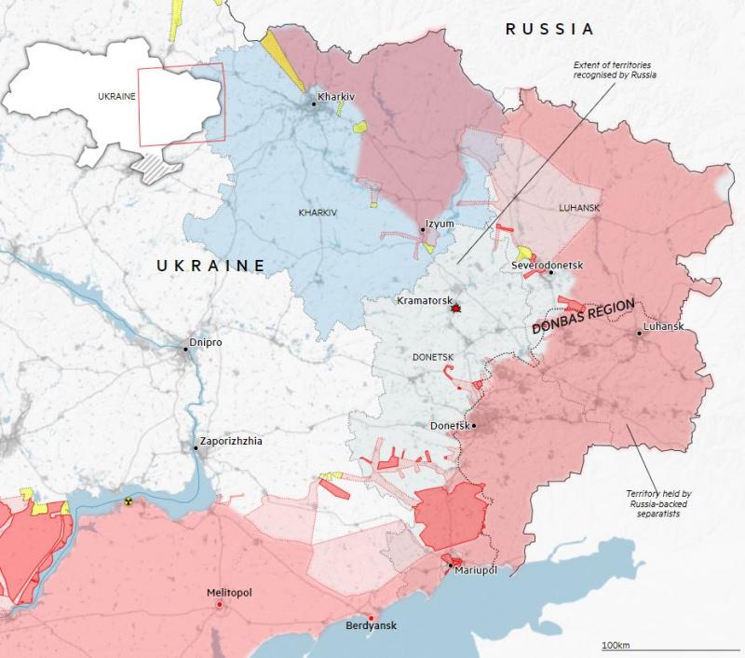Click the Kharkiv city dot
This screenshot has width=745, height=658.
pos(315,104)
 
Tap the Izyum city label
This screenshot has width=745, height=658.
pos(440,225)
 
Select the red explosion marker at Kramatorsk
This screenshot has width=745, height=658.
pos(455,307)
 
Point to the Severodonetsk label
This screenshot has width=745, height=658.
pos(547,266)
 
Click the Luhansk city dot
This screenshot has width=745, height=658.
pos(640,333)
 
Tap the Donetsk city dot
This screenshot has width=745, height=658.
pos(474,426)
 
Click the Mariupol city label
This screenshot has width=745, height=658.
pos(477,569)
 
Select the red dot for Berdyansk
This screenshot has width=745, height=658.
pos(372,618)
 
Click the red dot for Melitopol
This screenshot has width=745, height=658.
pos(220,605)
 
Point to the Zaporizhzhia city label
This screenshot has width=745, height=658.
pos(231,442)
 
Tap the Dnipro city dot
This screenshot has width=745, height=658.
pos(186,349)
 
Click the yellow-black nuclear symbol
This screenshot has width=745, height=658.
pos(129,501)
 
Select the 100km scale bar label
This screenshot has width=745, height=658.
pos(616,645)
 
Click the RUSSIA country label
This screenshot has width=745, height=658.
pos(549,29)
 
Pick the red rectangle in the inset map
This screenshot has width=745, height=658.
pos(181,106)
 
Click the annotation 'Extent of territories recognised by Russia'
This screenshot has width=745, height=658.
pos(616,69)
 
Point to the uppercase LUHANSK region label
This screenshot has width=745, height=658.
pos(580,208)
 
